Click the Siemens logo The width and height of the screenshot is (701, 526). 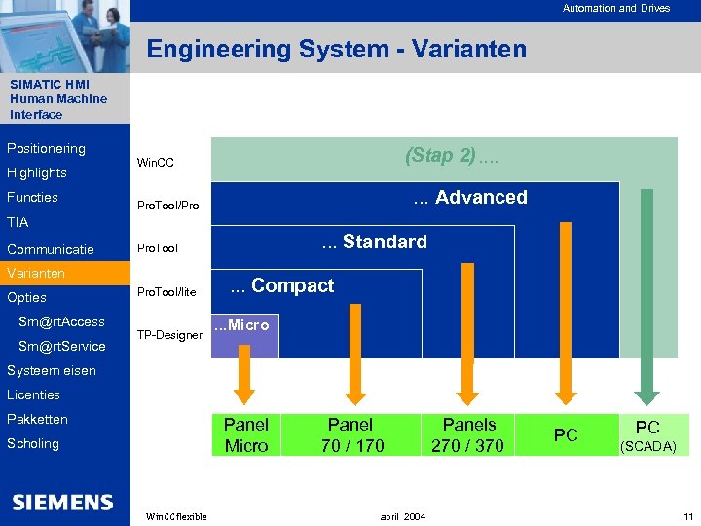(63, 503)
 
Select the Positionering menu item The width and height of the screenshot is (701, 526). (46, 149)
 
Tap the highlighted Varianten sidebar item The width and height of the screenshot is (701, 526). (36, 273)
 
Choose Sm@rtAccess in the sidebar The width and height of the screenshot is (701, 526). (61, 321)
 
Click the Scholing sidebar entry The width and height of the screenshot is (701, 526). (33, 443)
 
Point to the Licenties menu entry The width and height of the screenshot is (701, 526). (34, 394)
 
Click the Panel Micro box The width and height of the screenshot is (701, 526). (246, 434)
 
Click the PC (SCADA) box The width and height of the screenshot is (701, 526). (647, 434)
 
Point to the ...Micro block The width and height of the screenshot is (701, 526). (243, 326)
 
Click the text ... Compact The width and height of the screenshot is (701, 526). (282, 285)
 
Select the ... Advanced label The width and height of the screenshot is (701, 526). (470, 197)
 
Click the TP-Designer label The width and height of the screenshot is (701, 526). (169, 335)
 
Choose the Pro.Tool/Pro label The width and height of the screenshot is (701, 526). (167, 207)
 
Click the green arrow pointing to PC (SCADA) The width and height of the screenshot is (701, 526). (643, 292)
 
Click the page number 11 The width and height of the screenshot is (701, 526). (687, 516)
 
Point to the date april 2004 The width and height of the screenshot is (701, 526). (402, 516)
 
